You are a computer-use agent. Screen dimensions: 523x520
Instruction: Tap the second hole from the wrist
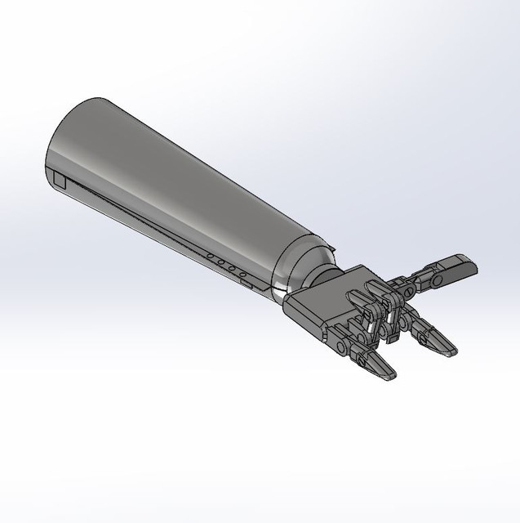[x=232, y=269]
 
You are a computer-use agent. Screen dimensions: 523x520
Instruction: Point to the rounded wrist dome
[x=286, y=274]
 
